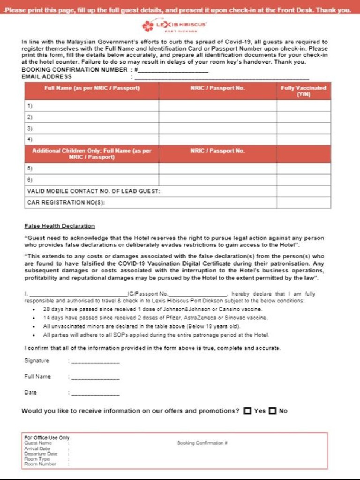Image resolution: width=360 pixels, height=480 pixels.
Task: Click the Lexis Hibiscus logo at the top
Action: pyautogui.click(x=175, y=25)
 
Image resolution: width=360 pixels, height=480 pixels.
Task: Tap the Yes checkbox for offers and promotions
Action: pyautogui.click(x=247, y=411)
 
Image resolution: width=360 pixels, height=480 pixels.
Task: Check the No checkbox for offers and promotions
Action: pyautogui.click(x=272, y=411)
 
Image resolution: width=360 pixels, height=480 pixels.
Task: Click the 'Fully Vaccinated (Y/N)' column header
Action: pyautogui.click(x=303, y=91)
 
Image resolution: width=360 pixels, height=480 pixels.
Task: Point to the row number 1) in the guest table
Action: pyautogui.click(x=30, y=106)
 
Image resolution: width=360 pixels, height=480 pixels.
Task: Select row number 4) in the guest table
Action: pyautogui.click(x=30, y=139)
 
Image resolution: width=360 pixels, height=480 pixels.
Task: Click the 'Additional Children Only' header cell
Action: pyautogui.click(x=92, y=154)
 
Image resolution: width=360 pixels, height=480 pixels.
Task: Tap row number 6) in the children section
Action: pyautogui.click(x=30, y=180)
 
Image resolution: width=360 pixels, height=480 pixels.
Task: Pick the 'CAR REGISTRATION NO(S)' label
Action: pyautogui.click(x=66, y=202)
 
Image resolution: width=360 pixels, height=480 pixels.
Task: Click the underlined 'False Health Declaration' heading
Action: pyautogui.click(x=60, y=226)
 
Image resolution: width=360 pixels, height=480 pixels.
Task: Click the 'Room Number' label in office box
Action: pyautogui.click(x=40, y=464)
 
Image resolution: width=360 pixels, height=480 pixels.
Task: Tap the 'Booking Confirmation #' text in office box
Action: pyautogui.click(x=202, y=443)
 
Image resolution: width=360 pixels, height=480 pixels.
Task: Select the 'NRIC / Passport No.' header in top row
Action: pyautogui.click(x=217, y=88)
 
